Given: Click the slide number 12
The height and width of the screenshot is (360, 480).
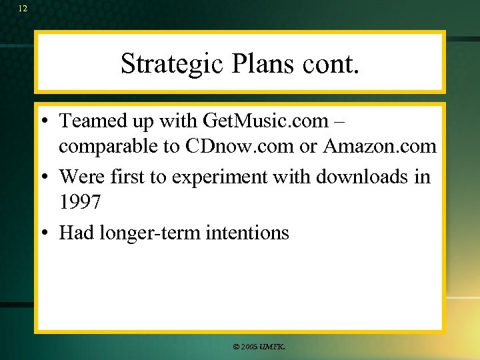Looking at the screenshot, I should (x=23, y=9).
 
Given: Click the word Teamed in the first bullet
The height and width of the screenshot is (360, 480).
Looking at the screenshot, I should (x=91, y=121).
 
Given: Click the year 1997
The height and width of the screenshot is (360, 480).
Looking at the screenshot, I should (x=80, y=201).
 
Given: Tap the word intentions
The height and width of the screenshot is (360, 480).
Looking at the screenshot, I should (x=247, y=233).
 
